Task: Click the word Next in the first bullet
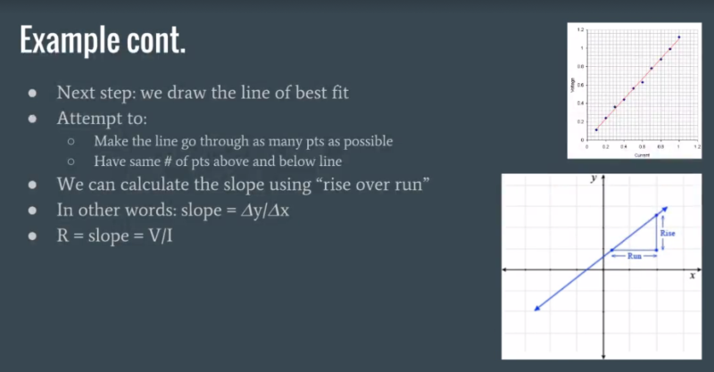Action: [x=73, y=93]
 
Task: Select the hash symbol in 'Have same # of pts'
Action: [x=166, y=161]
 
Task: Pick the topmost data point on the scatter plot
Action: [x=679, y=37]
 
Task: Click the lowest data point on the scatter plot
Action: [x=596, y=130]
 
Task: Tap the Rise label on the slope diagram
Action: [x=668, y=233]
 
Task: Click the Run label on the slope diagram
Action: [x=635, y=257]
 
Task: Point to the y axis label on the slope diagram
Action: [x=593, y=178]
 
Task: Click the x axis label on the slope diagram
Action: [x=692, y=277]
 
